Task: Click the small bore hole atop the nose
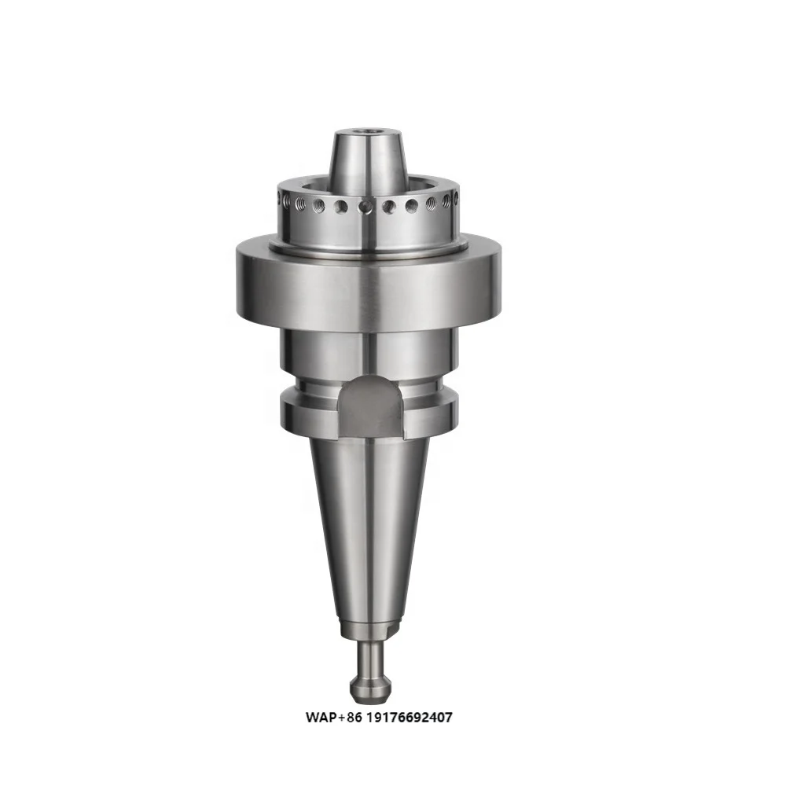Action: click(369, 134)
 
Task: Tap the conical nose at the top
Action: click(369, 157)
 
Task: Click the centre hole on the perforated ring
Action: click(367, 208)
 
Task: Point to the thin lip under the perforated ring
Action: click(368, 245)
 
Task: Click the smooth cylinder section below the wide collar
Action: click(368, 351)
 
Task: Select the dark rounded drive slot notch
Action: click(371, 404)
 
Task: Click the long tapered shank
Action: click(368, 527)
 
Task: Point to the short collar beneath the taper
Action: click(369, 628)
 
